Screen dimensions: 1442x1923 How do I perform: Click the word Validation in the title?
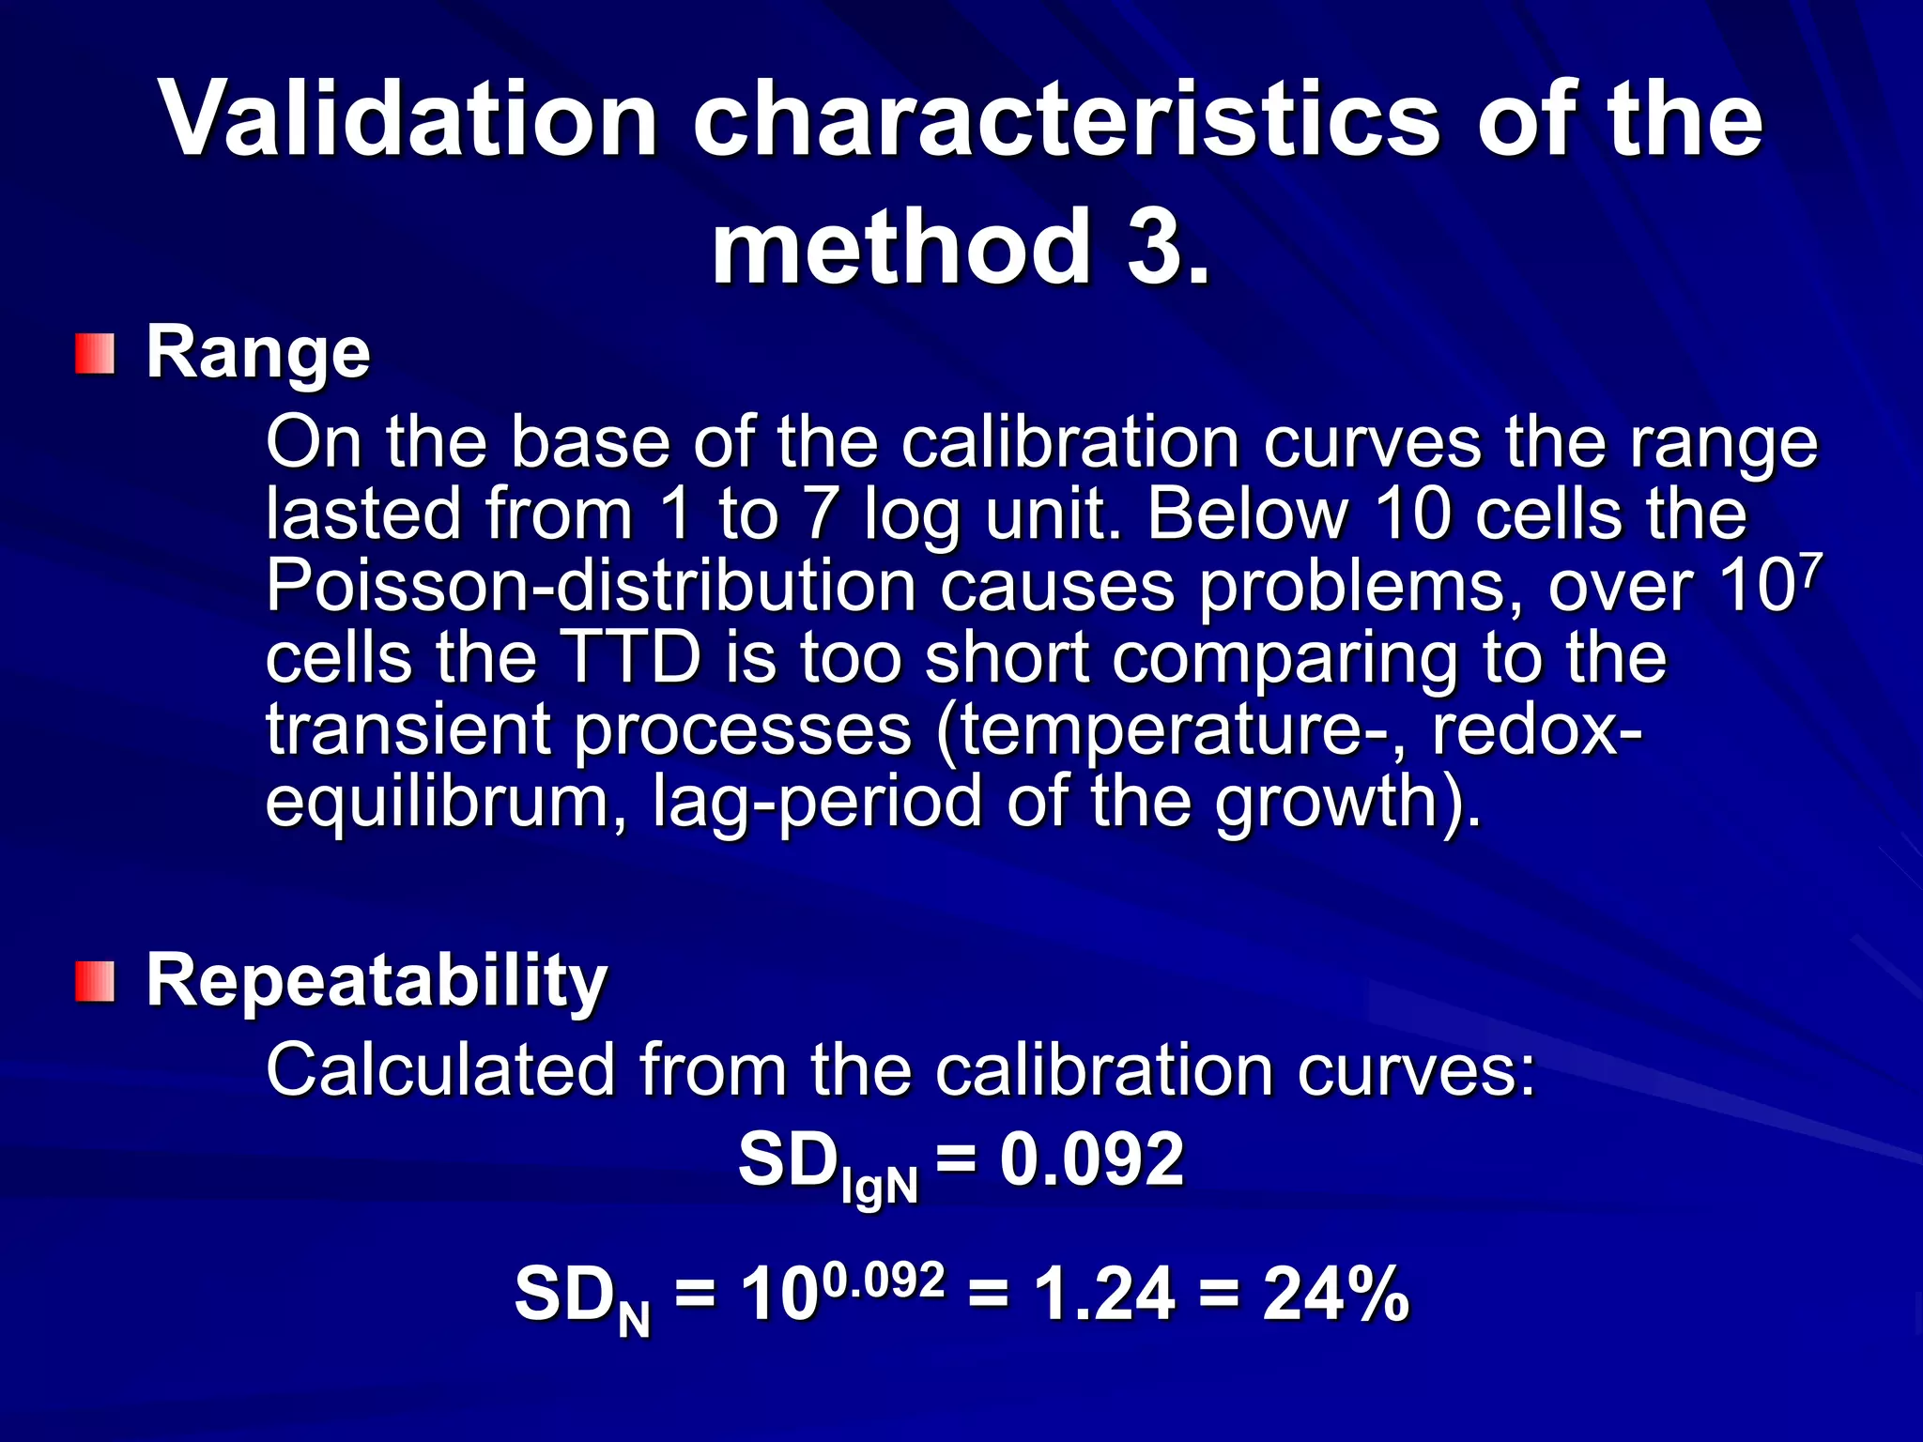click(x=409, y=120)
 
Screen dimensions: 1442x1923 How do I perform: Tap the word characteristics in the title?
click(x=1066, y=120)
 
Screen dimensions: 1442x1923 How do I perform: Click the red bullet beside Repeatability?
click(x=95, y=981)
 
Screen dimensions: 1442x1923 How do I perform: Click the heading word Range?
click(x=258, y=353)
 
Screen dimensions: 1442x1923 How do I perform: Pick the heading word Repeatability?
click(x=377, y=981)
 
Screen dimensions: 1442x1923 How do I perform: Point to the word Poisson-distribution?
click(x=591, y=587)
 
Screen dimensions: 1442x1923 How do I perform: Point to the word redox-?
click(x=1537, y=729)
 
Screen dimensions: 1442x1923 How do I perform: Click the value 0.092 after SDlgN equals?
click(x=1091, y=1160)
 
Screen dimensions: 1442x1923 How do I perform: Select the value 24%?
click(x=1335, y=1295)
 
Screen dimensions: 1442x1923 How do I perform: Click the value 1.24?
click(x=1104, y=1295)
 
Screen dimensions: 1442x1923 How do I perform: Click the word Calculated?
click(x=440, y=1069)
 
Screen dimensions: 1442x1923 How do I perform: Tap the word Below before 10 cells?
click(x=1248, y=514)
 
